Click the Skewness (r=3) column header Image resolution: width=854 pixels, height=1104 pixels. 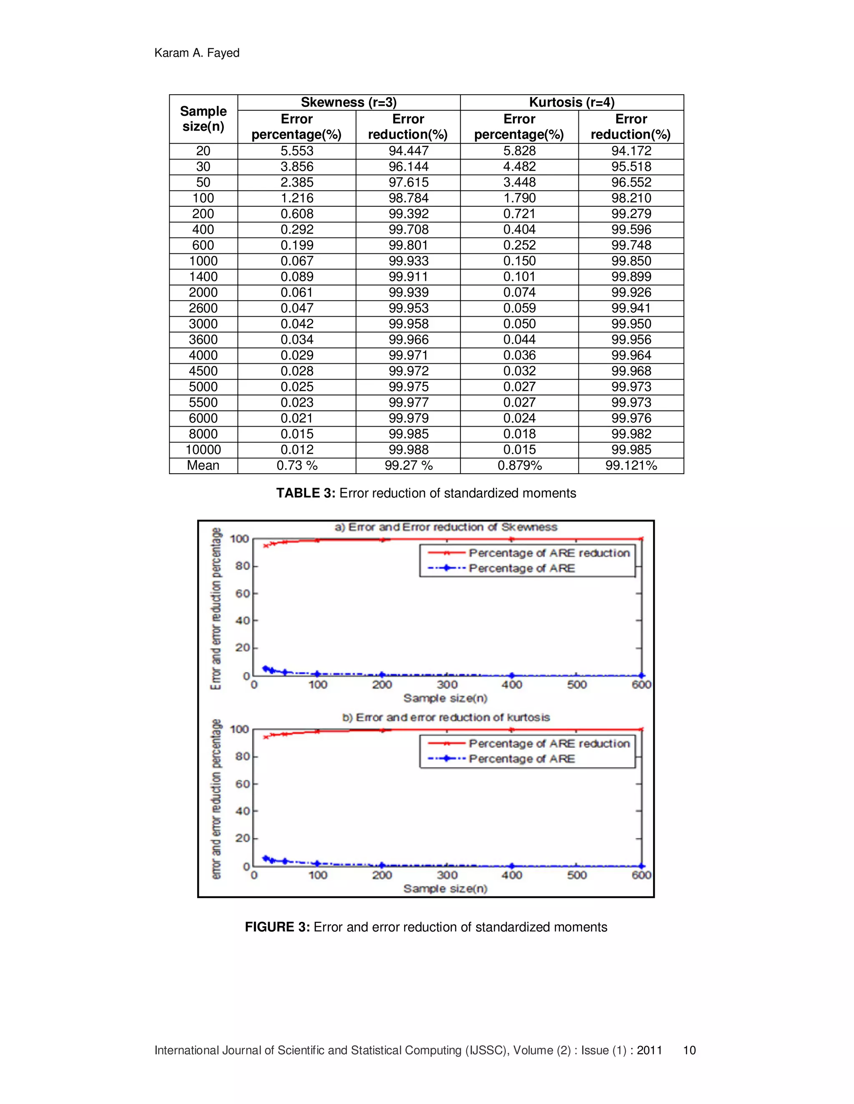[349, 102]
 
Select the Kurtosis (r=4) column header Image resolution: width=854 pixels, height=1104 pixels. [572, 102]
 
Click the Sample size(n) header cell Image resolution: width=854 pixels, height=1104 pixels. [203, 119]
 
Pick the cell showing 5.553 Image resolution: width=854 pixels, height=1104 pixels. [297, 151]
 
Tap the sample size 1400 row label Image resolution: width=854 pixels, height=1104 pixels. [203, 277]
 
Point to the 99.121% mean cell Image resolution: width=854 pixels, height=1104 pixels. [631, 466]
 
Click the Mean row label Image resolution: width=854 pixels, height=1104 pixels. [203, 466]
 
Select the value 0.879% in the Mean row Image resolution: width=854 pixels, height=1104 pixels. [520, 466]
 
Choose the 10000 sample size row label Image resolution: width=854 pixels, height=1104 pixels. [203, 450]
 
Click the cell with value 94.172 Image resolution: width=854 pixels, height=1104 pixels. [631, 151]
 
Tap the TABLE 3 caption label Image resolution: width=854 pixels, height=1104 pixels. [306, 493]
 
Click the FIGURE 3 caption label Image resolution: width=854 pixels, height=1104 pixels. [277, 927]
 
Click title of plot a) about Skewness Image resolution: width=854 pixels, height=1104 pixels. [446, 527]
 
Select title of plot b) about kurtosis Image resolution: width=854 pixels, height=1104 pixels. [446, 718]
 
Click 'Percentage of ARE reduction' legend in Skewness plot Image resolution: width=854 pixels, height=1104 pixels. [549, 553]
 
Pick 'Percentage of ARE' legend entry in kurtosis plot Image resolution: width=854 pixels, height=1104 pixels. [522, 759]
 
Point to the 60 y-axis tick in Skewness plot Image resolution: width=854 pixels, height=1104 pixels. [242, 593]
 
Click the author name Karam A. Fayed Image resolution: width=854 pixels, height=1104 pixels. [197, 53]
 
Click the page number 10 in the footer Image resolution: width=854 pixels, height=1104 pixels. [690, 1050]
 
